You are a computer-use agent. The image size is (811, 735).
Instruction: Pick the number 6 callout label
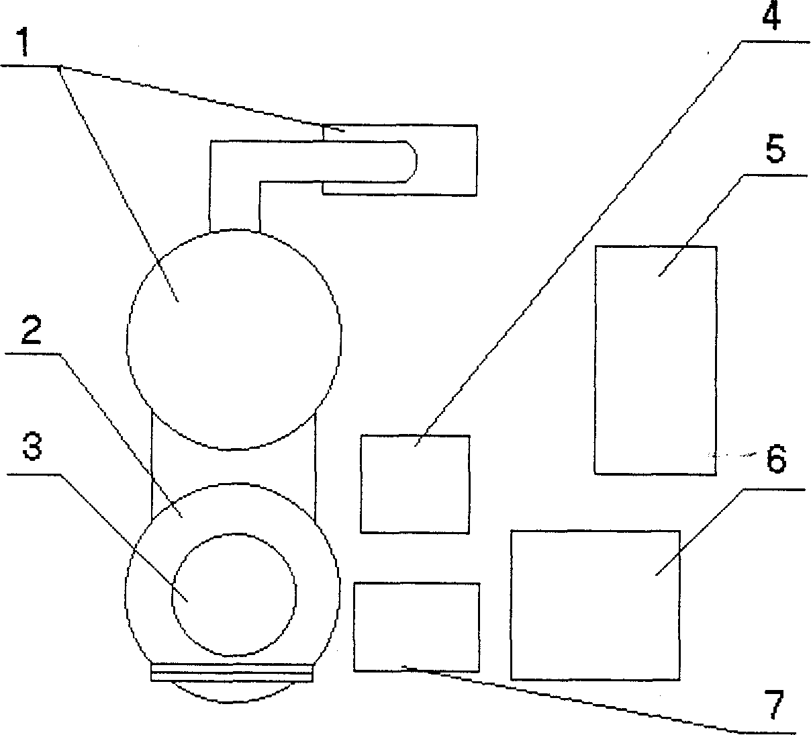tap(775, 461)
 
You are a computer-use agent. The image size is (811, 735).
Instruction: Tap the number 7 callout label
tap(775, 705)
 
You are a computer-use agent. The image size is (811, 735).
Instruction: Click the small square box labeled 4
tap(415, 484)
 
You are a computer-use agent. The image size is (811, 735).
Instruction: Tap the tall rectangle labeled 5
tap(655, 359)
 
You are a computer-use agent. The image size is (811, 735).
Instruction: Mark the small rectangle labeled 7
tap(416, 626)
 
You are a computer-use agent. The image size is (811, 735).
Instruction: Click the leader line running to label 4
tap(577, 242)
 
